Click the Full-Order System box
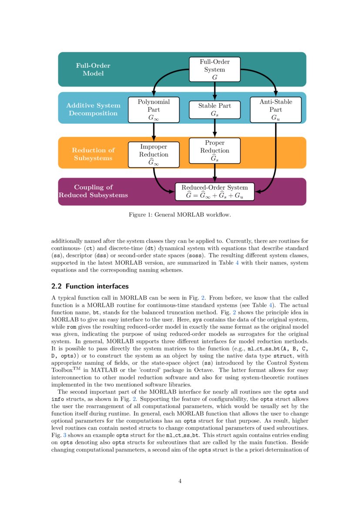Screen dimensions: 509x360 coord(215,69)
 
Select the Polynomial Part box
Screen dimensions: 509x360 coord(154,109)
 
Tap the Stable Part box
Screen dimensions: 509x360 coord(215,109)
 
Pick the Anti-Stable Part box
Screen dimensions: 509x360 coord(276,109)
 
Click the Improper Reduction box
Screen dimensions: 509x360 coord(154,155)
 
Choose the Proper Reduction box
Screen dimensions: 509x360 coord(215,151)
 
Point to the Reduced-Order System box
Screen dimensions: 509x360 coord(214,192)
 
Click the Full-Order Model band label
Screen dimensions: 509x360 coord(93,70)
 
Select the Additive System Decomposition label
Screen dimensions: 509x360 coord(93,109)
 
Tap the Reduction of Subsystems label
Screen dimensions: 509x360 coord(93,154)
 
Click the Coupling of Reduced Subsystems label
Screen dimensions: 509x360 coord(93,191)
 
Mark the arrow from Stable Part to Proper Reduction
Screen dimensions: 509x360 coord(215,128)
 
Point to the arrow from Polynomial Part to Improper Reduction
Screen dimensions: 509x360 coord(154,131)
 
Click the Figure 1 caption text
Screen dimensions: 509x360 coord(180,215)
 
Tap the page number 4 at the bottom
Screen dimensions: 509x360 coord(180,481)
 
